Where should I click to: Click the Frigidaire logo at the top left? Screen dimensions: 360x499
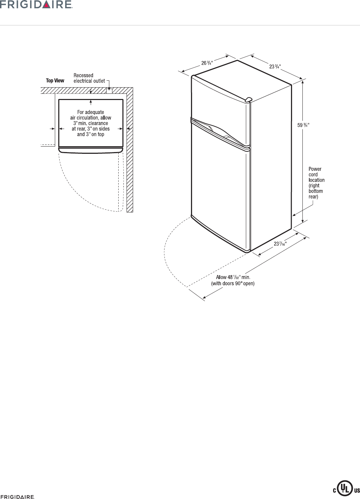[x=36, y=4]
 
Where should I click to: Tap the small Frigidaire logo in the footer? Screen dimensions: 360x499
[x=17, y=497]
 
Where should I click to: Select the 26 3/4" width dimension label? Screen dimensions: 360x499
[x=207, y=63]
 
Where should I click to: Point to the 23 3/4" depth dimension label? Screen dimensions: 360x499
[x=275, y=67]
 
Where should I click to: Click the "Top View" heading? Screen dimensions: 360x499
[x=55, y=81]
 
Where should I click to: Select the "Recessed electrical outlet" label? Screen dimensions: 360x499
[x=89, y=78]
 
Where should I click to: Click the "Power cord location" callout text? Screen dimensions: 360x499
[x=316, y=183]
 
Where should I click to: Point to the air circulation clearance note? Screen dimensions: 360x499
[x=90, y=123]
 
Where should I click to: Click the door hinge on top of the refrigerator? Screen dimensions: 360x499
[x=248, y=100]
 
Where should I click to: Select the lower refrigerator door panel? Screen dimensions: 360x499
[x=221, y=193]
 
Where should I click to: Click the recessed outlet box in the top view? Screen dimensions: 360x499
[x=110, y=91]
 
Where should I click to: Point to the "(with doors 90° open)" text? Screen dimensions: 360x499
[x=233, y=284]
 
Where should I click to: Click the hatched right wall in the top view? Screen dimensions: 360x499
[x=130, y=155]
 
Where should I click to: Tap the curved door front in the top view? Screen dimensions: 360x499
[x=91, y=150]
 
